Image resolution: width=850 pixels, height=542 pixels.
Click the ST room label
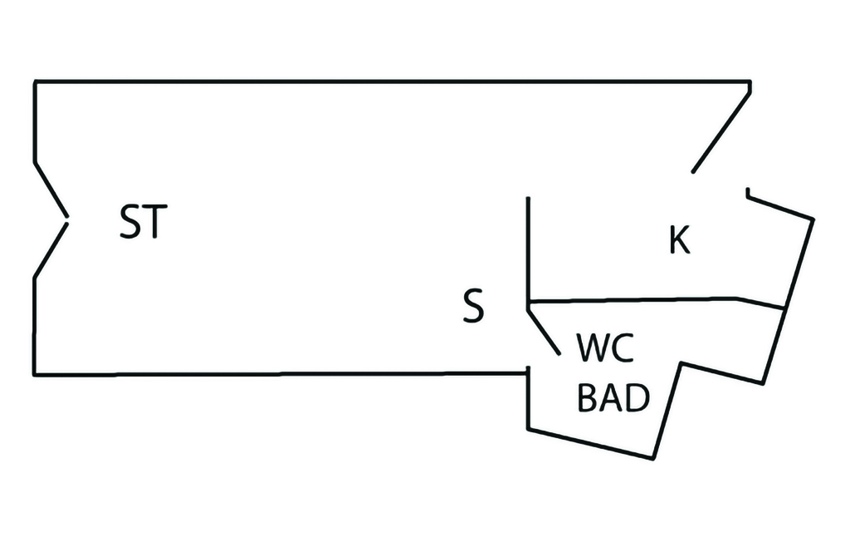click(x=144, y=223)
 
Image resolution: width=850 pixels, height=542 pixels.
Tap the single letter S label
click(x=472, y=307)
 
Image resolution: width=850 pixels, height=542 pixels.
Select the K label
click(x=679, y=240)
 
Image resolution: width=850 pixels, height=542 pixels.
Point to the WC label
click(x=605, y=349)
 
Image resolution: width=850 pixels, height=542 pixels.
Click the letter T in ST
click(x=156, y=223)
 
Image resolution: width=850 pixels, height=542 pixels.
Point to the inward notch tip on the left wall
click(x=66, y=221)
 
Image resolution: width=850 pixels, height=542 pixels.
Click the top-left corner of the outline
click(x=35, y=81)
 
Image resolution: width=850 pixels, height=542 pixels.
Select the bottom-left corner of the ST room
click(x=35, y=374)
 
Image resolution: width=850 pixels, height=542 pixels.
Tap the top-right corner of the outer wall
click(x=750, y=81)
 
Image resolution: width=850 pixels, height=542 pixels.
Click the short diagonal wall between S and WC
click(x=545, y=331)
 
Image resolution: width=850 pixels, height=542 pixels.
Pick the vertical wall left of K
click(x=529, y=249)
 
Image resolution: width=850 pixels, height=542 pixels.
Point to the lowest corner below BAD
click(x=652, y=456)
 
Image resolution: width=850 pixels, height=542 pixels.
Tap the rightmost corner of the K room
click(x=813, y=219)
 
